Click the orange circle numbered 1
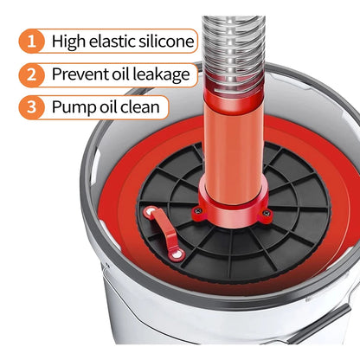coord(32,41)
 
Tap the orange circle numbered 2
coord(32,74)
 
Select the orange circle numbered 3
coord(32,107)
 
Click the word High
coord(69,42)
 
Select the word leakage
coord(161,75)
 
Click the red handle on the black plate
coord(164,233)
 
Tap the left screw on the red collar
coord(197,211)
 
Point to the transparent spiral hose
coord(234,52)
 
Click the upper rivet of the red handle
coord(150,213)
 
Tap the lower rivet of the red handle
coord(177,254)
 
